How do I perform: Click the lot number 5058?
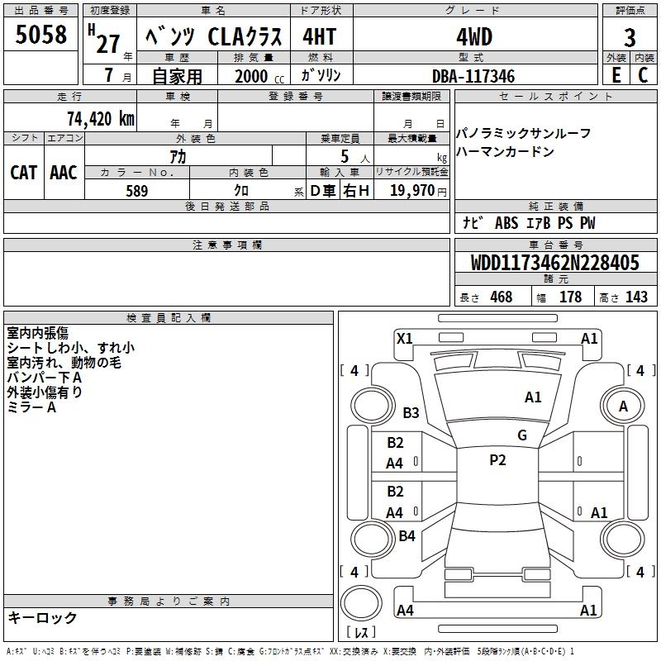[x=41, y=36]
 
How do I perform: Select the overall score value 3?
[x=630, y=37]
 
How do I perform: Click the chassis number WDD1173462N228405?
[x=555, y=264]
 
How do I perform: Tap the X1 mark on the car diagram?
[x=405, y=338]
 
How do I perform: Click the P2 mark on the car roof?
[x=497, y=460]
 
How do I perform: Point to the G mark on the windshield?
[x=522, y=435]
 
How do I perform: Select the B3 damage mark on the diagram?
[x=411, y=412]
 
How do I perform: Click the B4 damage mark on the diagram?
[x=407, y=536]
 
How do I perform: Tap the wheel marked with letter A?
[x=623, y=406]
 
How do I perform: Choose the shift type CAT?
[x=24, y=173]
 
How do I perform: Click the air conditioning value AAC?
[x=64, y=173]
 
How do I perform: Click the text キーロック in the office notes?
[x=42, y=617]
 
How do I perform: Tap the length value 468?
[x=501, y=297]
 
